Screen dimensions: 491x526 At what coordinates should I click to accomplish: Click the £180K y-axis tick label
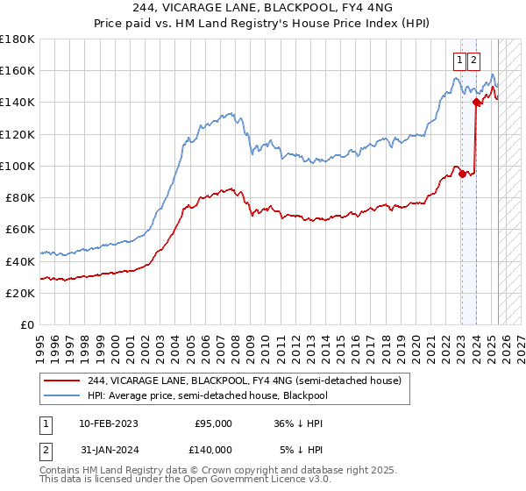pyautogui.click(x=18, y=39)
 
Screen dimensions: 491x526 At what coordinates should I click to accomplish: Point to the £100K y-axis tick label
pyautogui.click(x=18, y=166)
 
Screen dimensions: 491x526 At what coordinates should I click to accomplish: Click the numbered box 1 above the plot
pyautogui.click(x=459, y=60)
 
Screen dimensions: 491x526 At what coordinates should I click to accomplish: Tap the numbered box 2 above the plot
pyautogui.click(x=473, y=60)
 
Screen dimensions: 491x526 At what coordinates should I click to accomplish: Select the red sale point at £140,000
pyautogui.click(x=476, y=103)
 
